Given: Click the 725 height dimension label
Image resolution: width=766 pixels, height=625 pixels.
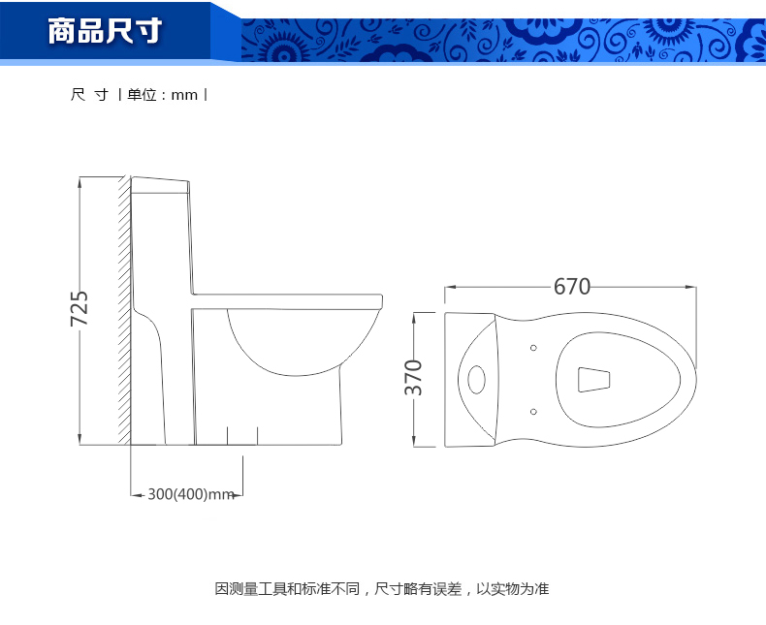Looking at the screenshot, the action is pyautogui.click(x=80, y=308).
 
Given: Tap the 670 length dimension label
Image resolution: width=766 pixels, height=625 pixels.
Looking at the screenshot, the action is pyautogui.click(x=571, y=287).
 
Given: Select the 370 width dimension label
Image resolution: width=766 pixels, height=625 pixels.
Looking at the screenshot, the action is pyautogui.click(x=413, y=378).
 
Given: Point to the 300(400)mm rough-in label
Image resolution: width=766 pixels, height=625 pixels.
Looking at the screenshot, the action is pyautogui.click(x=191, y=494).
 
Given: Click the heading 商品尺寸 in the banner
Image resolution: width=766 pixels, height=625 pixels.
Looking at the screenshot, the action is pyautogui.click(x=105, y=31).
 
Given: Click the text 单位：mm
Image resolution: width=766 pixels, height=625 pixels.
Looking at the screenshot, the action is pyautogui.click(x=162, y=95).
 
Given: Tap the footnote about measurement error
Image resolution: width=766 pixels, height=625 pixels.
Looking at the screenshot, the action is pyautogui.click(x=382, y=589).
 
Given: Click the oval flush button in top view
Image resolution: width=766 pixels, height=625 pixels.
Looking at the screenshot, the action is pyautogui.click(x=476, y=380).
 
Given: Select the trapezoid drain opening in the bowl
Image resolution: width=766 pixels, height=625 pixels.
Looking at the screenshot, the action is pyautogui.click(x=594, y=380).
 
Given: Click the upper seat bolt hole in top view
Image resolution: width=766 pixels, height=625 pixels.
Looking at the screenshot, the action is pyautogui.click(x=533, y=348).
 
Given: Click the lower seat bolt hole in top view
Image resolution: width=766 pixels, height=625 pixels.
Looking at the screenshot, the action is pyautogui.click(x=533, y=412).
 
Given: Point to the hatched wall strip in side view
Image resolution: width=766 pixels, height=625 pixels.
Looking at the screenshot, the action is pyautogui.click(x=124, y=310).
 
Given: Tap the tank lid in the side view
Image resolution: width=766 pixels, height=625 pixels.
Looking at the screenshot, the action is pyautogui.click(x=160, y=185).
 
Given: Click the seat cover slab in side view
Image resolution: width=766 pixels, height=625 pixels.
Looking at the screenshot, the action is pyautogui.click(x=287, y=301).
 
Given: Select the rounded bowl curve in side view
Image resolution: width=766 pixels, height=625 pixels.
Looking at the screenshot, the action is pyautogui.click(x=303, y=343).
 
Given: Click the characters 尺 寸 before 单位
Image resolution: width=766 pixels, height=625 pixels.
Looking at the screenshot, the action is pyautogui.click(x=90, y=95).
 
